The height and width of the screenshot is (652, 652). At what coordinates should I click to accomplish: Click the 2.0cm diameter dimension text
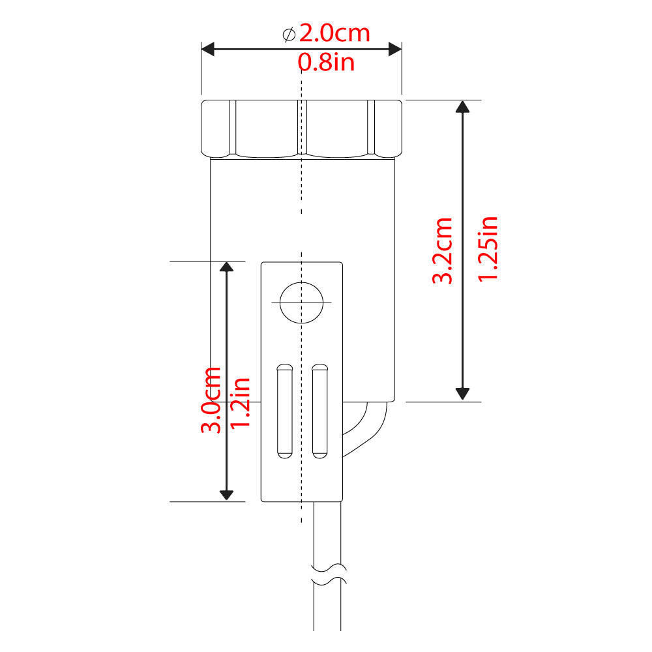[334, 33]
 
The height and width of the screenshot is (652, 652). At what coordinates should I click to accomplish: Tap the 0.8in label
[326, 63]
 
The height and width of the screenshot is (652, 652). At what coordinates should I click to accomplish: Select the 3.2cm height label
[443, 250]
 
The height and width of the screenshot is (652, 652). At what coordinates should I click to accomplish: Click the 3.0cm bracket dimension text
[211, 400]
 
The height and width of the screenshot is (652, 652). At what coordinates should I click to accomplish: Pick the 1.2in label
[241, 402]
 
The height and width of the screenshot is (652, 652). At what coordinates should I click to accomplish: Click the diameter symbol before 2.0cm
[289, 34]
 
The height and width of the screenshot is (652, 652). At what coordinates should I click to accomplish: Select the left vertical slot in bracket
[284, 410]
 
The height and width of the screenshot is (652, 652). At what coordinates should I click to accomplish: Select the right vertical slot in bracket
[319, 410]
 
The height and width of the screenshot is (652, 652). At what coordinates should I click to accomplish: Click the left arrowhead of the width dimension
[208, 49]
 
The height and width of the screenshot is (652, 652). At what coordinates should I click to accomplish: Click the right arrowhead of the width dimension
[394, 49]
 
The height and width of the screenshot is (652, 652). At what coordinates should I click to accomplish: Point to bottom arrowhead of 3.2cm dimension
[462, 393]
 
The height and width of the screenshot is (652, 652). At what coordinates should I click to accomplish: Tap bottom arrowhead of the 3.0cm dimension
[226, 494]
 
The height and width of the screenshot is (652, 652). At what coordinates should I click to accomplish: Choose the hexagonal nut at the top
[301, 128]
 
